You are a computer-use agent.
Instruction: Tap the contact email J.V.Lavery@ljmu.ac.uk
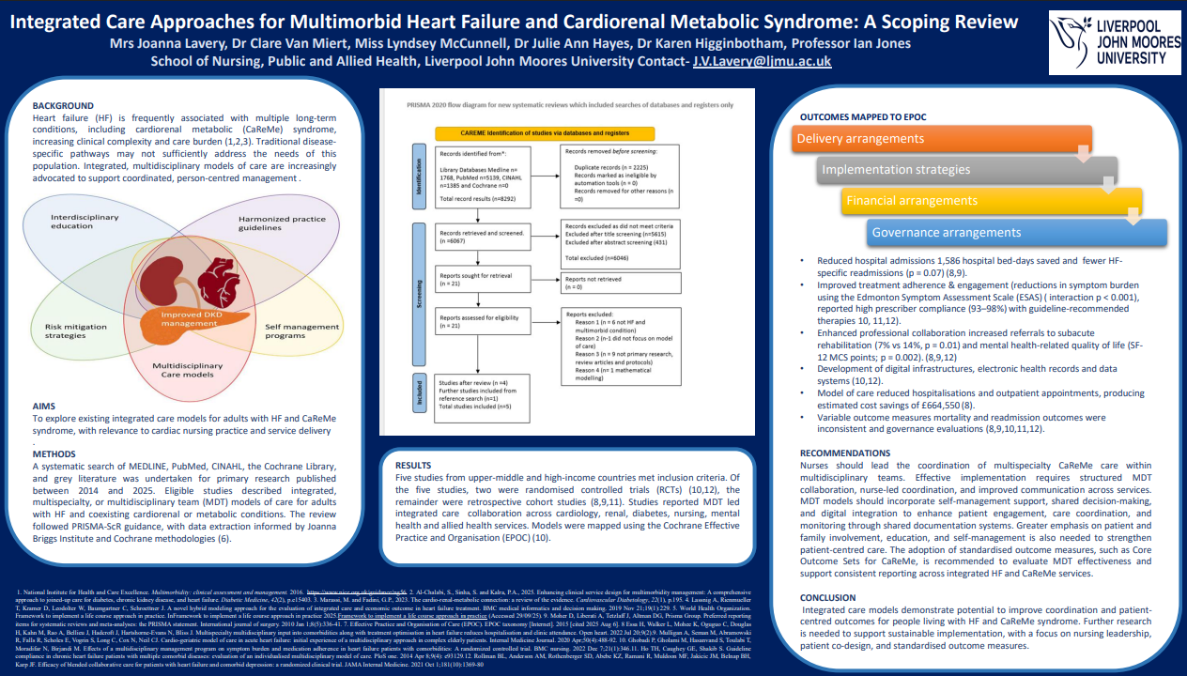click(762, 61)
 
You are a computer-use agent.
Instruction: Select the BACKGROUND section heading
click(63, 105)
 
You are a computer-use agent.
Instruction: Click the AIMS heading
click(44, 406)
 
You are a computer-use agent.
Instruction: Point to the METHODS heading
click(54, 453)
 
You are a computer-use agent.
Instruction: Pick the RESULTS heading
click(413, 465)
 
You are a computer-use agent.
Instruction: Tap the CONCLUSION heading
click(827, 597)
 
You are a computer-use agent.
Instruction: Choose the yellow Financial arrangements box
click(991, 201)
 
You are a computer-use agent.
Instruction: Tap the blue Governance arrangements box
click(1017, 233)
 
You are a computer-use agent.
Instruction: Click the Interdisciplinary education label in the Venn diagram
click(85, 222)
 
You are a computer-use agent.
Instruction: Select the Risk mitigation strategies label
click(76, 331)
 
